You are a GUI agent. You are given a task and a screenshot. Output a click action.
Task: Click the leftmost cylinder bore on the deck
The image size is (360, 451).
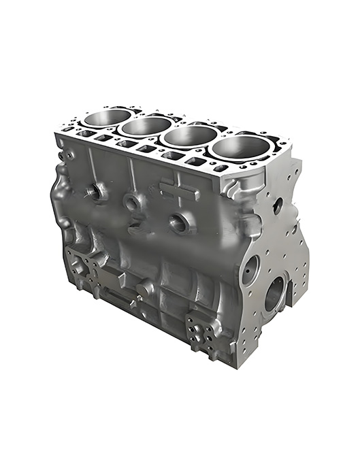pos(108,118)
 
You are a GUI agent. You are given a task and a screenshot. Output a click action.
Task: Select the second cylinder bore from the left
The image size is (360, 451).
pos(148,126)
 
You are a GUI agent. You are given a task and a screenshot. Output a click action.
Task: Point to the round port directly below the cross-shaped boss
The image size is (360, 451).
pos(180,222)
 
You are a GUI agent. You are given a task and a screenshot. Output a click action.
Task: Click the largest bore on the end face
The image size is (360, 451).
pos(276,293)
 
